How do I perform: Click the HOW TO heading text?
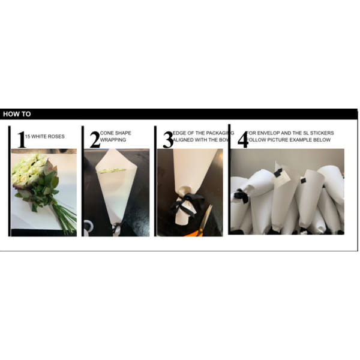point(17,114)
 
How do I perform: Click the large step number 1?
point(22,139)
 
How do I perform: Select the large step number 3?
point(166,139)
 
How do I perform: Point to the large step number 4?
point(242,139)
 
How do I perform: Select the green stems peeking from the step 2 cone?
point(112,172)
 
